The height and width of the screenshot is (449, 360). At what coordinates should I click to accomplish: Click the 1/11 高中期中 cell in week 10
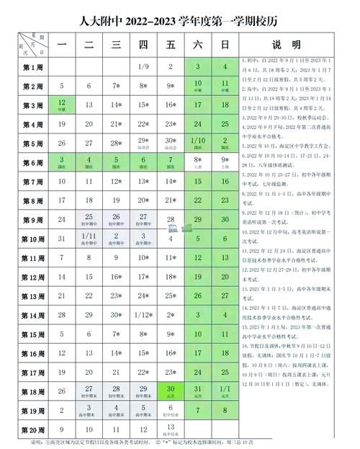(89, 238)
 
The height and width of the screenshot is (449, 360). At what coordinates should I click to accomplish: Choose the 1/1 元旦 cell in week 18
(225, 391)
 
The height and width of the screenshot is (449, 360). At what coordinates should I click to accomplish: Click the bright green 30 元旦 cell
(171, 391)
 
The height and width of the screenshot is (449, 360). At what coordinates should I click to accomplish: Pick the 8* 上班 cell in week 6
(197, 162)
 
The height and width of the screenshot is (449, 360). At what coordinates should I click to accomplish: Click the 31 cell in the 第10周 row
(61, 238)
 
